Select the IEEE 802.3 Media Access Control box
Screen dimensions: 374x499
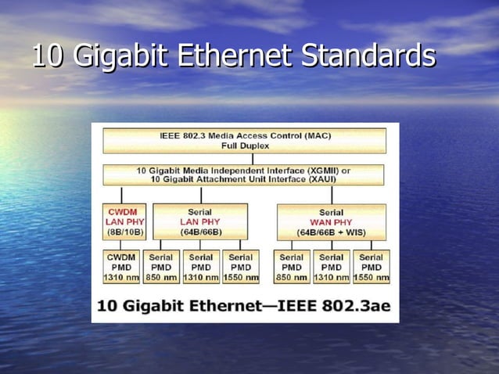coord(245,141)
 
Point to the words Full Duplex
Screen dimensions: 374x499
coord(245,146)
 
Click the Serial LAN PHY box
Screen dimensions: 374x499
coord(199,221)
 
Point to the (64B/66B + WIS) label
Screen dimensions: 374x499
coord(331,233)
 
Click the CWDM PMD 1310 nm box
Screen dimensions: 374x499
coord(121,267)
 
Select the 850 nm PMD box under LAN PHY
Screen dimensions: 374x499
coord(161,267)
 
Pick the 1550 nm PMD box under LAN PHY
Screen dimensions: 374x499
coord(241,267)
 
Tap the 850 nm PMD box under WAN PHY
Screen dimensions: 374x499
coord(292,267)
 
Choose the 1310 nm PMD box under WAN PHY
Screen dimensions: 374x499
coord(332,267)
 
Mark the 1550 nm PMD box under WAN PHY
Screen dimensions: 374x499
coord(372,267)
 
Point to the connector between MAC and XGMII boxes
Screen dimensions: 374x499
coord(252,159)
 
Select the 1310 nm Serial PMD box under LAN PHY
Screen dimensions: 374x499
coord(201,267)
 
